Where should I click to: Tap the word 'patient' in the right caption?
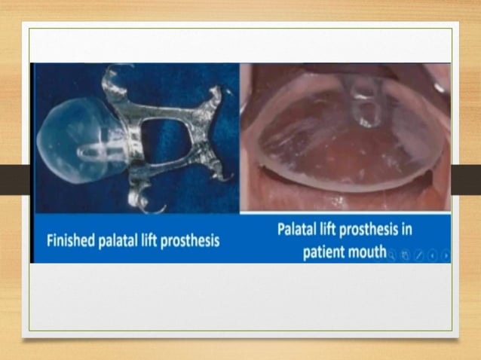coord(326,251)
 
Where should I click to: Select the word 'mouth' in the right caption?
coord(367,251)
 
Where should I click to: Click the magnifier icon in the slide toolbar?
coord(392,255)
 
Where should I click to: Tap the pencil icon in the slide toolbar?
coord(419,255)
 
